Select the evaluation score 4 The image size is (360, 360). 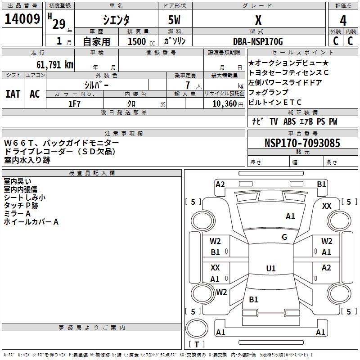(343, 20)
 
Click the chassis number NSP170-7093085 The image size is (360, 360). (302, 143)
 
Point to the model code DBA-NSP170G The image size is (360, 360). (258, 41)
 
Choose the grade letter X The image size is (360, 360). (258, 20)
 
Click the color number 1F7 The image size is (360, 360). (75, 103)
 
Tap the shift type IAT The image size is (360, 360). (13, 94)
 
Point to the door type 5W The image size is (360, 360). (175, 20)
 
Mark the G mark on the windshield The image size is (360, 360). (284, 237)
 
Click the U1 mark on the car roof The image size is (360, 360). (271, 269)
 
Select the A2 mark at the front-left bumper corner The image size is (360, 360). (220, 184)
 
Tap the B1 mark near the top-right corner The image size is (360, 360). (321, 184)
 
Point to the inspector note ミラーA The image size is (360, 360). (17, 214)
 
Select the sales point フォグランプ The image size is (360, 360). (268, 92)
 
